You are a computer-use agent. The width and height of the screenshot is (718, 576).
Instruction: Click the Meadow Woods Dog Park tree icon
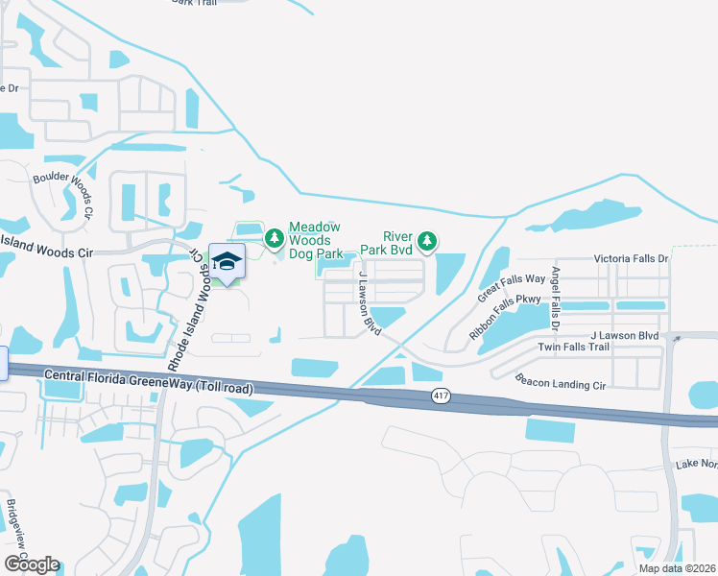(275, 235)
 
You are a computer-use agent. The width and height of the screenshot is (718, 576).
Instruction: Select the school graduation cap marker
(227, 261)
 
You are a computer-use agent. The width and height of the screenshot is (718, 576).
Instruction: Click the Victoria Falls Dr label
(631, 259)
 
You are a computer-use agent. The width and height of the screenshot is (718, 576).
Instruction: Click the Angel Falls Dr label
(555, 294)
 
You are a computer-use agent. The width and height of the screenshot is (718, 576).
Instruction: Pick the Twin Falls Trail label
(573, 347)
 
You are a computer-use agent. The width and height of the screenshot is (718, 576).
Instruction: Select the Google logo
(31, 564)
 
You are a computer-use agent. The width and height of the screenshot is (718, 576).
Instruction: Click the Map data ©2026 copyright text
(677, 568)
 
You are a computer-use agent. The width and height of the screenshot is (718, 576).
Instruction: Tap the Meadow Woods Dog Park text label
(316, 239)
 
